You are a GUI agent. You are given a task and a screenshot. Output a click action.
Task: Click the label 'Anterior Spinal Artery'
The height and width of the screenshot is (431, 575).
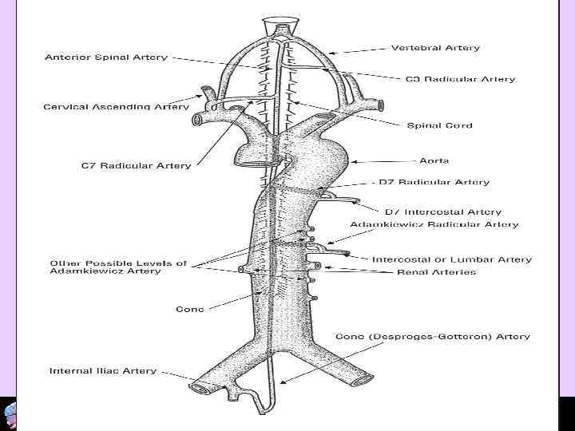coord(106,57)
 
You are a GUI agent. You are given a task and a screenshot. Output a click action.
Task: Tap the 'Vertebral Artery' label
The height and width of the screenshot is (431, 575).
coord(435,48)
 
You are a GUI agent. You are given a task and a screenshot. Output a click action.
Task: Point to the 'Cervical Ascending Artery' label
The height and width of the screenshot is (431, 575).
coord(117,106)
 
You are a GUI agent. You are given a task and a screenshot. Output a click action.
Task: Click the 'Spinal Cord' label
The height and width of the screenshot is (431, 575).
coord(439,125)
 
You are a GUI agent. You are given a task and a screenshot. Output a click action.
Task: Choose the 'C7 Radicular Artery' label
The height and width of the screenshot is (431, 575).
coord(137,166)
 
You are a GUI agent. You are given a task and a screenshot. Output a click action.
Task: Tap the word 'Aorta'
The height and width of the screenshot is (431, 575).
coord(434,160)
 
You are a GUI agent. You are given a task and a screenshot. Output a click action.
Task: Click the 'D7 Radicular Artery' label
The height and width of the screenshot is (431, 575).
coord(434,182)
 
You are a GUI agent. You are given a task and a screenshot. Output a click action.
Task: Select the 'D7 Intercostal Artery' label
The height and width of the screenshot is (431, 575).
coord(443,212)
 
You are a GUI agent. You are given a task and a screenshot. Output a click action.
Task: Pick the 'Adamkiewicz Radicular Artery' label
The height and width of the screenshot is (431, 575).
coord(434,225)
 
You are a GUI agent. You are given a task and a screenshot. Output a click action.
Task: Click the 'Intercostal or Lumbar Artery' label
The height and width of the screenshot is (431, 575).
coord(451,259)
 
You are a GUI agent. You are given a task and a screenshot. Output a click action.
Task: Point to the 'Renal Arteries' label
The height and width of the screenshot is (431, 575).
coord(436,272)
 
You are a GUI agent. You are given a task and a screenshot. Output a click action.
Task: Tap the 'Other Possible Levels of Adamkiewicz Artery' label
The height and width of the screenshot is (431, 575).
coord(118,267)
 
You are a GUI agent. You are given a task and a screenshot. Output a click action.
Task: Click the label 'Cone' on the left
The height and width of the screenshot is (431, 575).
coord(189,309)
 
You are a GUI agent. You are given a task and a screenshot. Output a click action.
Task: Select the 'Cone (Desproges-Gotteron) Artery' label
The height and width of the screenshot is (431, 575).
coord(432,337)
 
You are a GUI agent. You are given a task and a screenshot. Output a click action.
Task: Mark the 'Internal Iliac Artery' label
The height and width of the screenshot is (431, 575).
coord(103,371)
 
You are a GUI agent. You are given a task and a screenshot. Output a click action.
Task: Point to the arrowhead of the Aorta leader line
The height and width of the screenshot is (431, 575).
coord(351,162)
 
